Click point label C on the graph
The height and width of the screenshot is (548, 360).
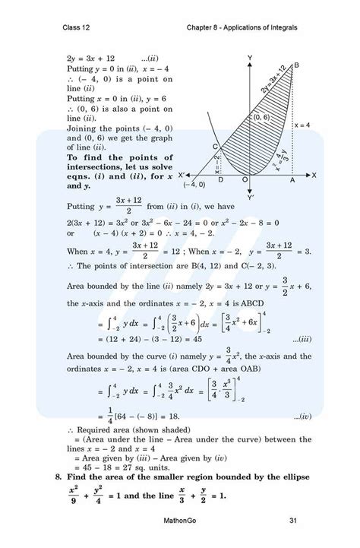[x=216, y=147]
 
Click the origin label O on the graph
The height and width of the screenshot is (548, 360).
[x=245, y=180]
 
